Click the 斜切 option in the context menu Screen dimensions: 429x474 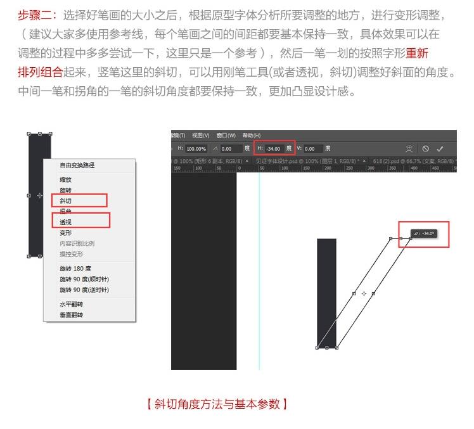pos(66,201)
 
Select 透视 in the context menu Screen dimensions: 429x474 pos(66,222)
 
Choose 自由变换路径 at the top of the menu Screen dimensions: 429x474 pos(77,165)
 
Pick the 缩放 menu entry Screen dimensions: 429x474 pos(66,180)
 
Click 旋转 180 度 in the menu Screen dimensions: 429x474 pos(75,269)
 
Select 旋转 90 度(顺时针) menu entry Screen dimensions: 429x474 pos(84,279)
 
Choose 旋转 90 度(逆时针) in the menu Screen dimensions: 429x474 pos(84,290)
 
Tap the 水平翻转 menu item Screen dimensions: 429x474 pos(71,305)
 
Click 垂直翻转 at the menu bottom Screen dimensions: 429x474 pos(71,315)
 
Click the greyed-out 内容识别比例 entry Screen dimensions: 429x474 pos(77,243)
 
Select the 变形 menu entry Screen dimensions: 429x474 pos(66,233)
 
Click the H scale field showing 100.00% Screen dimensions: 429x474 pos(196,149)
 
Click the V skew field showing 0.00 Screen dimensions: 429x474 pos(313,149)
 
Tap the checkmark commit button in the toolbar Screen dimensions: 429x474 pos(440,149)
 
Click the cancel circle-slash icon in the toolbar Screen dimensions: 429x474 pos(425,149)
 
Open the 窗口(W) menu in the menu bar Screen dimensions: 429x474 pos(226,135)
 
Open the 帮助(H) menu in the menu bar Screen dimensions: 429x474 pos(252,135)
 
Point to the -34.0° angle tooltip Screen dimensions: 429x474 pos(423,234)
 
